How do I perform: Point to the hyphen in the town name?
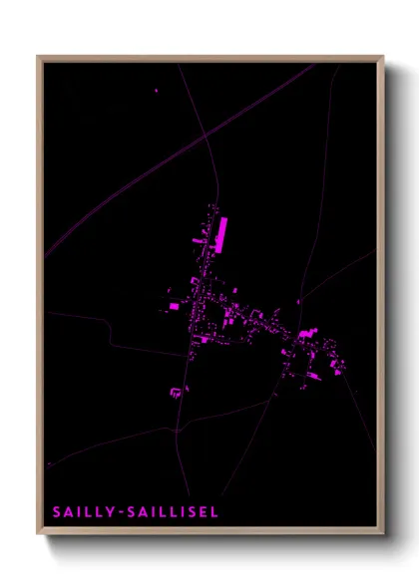[118, 512]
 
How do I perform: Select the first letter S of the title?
[56, 511]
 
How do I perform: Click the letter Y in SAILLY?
[108, 511]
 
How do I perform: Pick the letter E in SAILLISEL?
[201, 511]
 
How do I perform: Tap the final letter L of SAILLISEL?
[211, 511]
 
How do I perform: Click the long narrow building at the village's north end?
[221, 232]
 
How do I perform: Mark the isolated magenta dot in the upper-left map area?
[157, 91]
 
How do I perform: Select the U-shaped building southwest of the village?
[177, 392]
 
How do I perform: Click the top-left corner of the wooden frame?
[39, 58]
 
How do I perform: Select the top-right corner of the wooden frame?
[382, 58]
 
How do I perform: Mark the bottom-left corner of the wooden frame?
[39, 534]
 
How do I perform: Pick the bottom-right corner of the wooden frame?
[382, 534]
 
